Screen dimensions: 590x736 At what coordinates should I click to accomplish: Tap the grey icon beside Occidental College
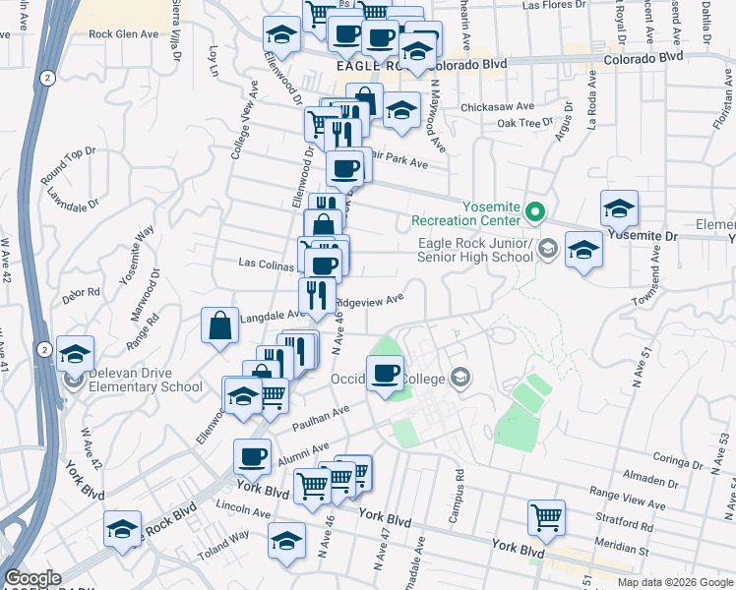(x=460, y=378)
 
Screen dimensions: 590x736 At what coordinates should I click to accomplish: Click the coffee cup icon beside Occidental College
(x=385, y=373)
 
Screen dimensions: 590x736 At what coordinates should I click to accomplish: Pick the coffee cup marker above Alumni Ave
(x=253, y=456)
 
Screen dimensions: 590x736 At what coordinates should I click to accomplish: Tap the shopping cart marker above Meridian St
(x=546, y=516)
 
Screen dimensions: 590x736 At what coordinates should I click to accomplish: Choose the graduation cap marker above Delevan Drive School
(x=75, y=354)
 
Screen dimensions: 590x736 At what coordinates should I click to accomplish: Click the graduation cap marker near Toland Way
(x=286, y=542)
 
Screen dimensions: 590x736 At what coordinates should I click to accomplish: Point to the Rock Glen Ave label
(x=123, y=33)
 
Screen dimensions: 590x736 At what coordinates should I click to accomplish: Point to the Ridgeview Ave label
(x=370, y=302)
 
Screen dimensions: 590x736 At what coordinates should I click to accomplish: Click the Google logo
(x=32, y=578)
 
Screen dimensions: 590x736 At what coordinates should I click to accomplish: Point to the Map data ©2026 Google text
(x=674, y=582)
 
